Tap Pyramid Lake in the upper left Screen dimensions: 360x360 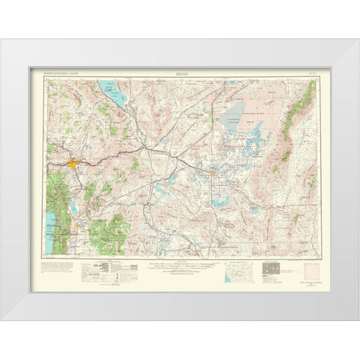click(109, 94)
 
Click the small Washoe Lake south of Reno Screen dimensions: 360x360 click(80, 193)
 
